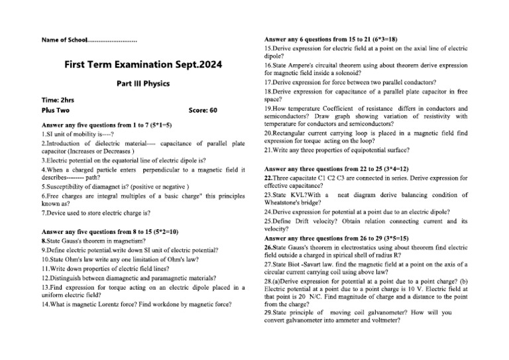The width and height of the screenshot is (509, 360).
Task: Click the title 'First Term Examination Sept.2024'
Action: [x=143, y=65]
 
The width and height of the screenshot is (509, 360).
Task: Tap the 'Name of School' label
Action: [x=64, y=40]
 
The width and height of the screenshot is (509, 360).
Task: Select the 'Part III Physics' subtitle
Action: [x=143, y=84]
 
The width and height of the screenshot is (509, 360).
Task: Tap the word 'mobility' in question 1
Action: [x=81, y=133]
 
